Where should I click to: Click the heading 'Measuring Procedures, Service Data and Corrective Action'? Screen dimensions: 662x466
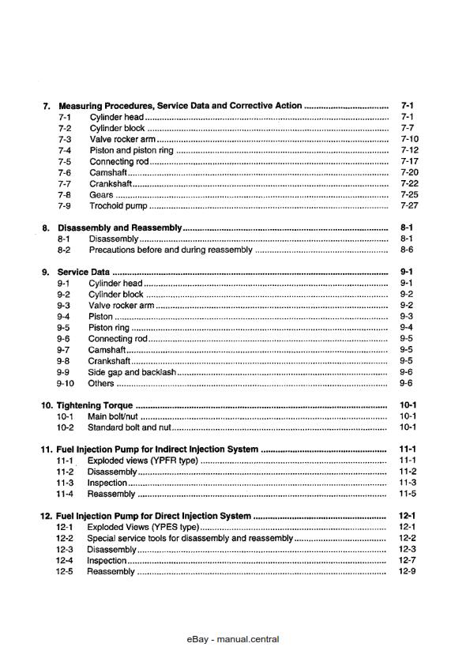[x=180, y=106]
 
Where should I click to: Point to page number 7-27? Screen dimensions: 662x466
[x=409, y=205]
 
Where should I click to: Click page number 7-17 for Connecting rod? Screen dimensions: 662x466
[x=409, y=161]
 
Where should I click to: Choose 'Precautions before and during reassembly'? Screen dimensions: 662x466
[x=171, y=250]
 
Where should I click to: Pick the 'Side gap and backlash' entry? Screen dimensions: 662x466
[x=132, y=372]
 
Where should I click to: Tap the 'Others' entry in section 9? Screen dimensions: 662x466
[x=101, y=383]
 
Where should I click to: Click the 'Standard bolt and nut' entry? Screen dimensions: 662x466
[x=129, y=427]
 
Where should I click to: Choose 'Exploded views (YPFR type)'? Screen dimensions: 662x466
[x=142, y=461]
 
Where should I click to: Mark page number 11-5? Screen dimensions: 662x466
[x=408, y=494]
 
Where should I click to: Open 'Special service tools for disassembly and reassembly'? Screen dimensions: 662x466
[x=190, y=538]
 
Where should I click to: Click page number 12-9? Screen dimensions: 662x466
[x=408, y=571]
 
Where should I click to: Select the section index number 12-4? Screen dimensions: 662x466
[x=65, y=560]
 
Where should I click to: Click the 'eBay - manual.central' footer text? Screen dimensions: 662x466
[x=233, y=639]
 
